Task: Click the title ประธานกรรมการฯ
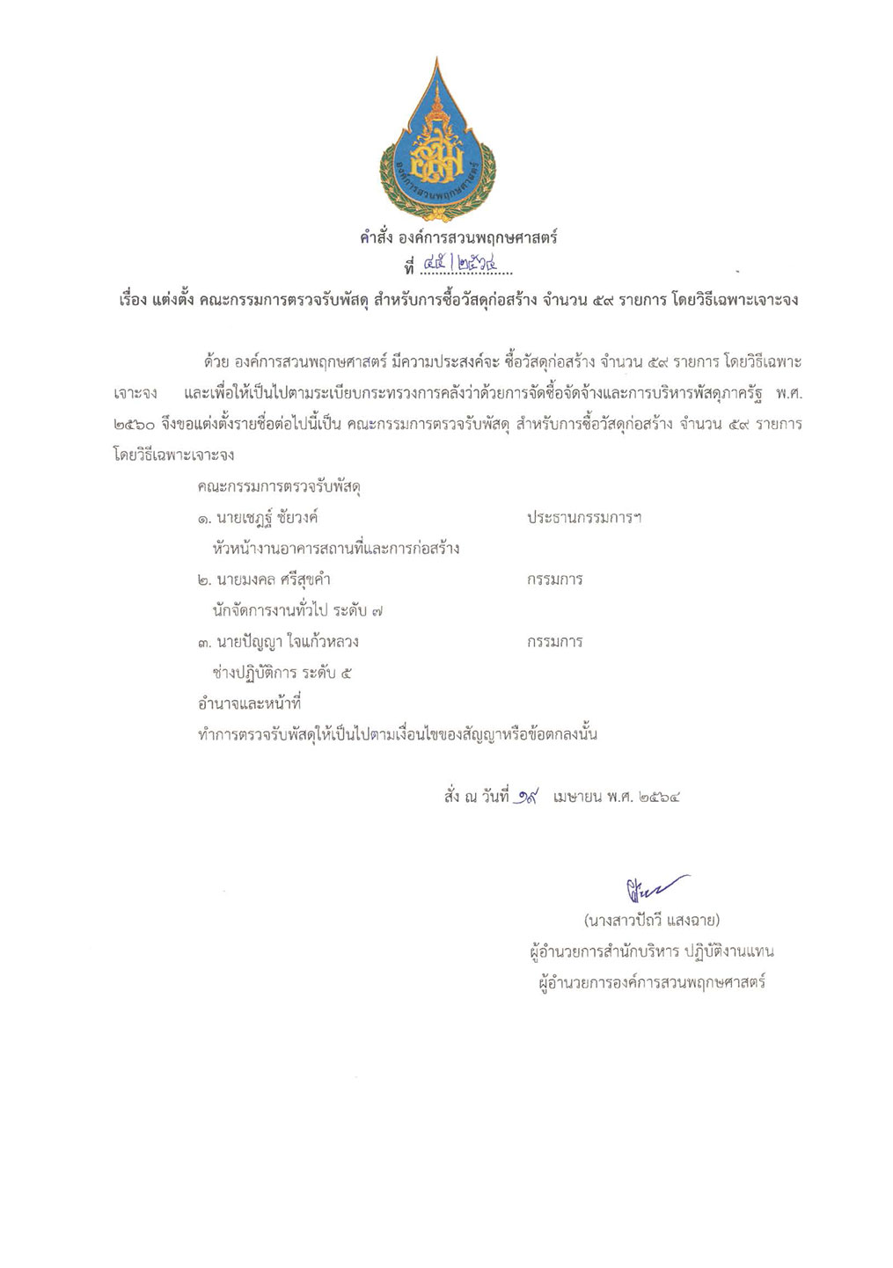point(584,518)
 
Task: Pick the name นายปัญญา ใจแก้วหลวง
point(278,642)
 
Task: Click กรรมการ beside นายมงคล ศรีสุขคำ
point(554,579)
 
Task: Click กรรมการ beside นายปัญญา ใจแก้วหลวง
point(554,642)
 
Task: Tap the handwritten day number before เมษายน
point(528,797)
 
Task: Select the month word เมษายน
point(577,798)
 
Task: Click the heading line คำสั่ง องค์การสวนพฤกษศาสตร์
point(458,237)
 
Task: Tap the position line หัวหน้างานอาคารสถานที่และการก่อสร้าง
point(336,549)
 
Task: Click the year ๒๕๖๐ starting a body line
point(135,425)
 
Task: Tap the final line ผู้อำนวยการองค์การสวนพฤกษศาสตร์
point(651,981)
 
